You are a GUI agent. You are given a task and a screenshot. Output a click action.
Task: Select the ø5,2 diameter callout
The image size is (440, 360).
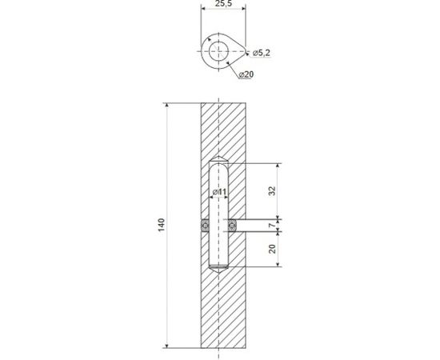click(262, 54)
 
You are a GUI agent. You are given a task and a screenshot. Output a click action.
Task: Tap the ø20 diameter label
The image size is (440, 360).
click(247, 74)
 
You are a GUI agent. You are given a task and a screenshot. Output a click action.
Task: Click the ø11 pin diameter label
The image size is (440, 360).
click(220, 193)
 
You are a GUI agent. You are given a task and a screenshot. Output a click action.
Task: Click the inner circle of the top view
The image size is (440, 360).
click(215, 50)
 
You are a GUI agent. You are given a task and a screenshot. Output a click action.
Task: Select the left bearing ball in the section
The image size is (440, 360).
click(204, 226)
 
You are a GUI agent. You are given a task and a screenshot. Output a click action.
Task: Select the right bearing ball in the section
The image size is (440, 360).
click(232, 226)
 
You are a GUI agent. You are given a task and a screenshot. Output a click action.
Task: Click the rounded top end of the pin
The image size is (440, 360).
click(218, 165)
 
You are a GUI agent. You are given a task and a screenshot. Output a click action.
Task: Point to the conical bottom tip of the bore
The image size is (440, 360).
click(218, 273)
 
